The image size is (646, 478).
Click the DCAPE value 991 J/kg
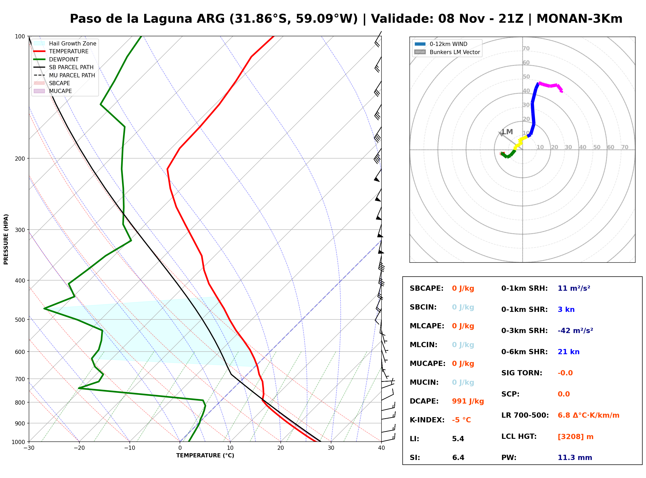[468, 401]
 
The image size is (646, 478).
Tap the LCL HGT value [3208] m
[575, 437]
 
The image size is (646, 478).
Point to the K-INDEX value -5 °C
[461, 420]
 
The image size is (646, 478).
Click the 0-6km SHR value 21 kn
[568, 352]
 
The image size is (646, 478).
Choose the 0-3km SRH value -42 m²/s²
[575, 331]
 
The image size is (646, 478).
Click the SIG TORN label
[522, 373]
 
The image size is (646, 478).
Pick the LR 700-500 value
[589, 416]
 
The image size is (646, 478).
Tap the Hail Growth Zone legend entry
[65, 43]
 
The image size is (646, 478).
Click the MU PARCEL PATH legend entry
[64, 75]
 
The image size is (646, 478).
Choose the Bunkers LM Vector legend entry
[447, 52]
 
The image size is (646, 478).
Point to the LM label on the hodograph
[507, 132]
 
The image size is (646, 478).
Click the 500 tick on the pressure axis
[20, 320]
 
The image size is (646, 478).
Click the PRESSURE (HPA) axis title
[6, 239]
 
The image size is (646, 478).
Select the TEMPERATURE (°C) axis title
[205, 456]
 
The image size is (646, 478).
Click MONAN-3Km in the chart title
[579, 19]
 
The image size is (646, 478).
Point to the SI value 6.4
[458, 458]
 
